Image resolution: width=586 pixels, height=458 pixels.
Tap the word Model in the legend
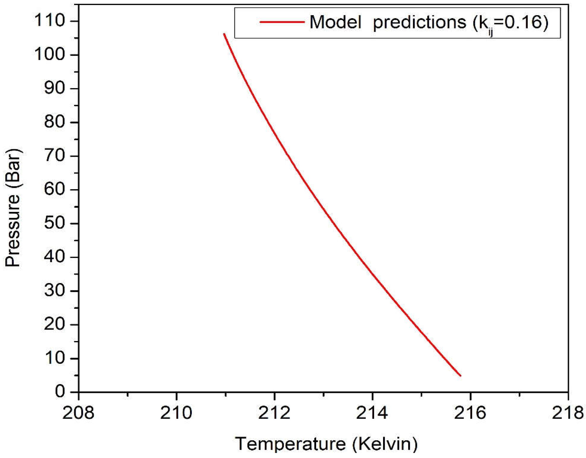point(335,22)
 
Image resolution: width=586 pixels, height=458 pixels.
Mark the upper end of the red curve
point(224,34)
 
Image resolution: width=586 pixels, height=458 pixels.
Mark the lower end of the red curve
point(460,376)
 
